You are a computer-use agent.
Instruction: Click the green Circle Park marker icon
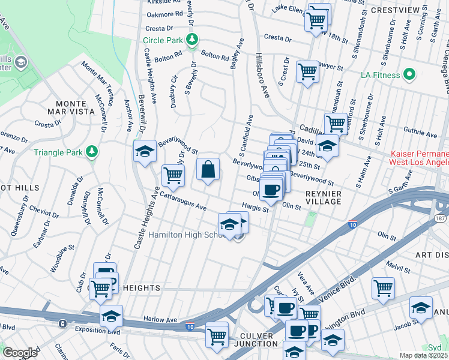[191, 40]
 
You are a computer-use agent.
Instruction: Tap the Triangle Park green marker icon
[92, 152]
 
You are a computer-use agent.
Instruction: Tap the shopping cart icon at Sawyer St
[307, 71]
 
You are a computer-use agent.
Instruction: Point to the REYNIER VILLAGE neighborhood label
[323, 197]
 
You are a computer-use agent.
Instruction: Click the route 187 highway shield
[441, 220]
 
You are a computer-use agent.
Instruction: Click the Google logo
[20, 353]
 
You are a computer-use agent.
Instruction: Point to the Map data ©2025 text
[423, 355]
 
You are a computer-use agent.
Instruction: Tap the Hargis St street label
[255, 208]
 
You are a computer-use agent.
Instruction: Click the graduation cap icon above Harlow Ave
[111, 316]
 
